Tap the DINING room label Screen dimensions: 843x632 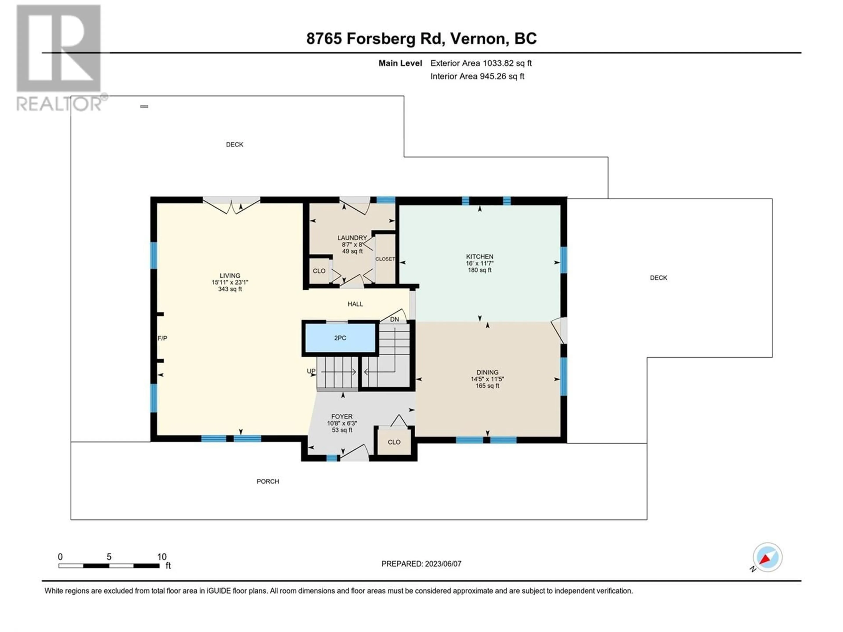click(x=487, y=372)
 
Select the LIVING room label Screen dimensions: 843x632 click(x=230, y=275)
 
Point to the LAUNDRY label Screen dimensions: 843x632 click(x=352, y=238)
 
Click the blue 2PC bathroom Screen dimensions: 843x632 click(x=340, y=338)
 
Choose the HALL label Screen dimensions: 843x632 click(x=355, y=304)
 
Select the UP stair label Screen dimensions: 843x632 click(x=311, y=371)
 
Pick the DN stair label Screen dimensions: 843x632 click(x=394, y=319)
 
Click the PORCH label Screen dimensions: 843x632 click(x=268, y=481)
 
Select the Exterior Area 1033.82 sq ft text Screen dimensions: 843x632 click(x=481, y=63)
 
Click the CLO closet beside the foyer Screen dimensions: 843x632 click(x=394, y=442)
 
